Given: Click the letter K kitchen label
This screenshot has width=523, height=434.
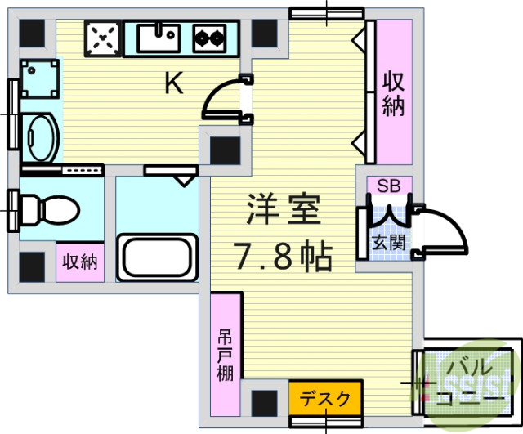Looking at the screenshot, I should pos(173,83).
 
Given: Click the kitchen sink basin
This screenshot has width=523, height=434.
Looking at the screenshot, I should pos(158,37).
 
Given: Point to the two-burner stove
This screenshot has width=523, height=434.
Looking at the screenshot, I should pos(208,37).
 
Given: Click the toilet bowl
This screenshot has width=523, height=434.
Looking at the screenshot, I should pos(48,210).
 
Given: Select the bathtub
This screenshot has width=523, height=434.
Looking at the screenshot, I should pos(157,256).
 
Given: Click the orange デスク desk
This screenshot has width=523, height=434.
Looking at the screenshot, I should pos(324,400).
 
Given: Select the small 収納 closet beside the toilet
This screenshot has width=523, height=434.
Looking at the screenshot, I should pos(80,262).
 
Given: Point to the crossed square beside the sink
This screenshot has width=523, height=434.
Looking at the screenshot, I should pos(103,38).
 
